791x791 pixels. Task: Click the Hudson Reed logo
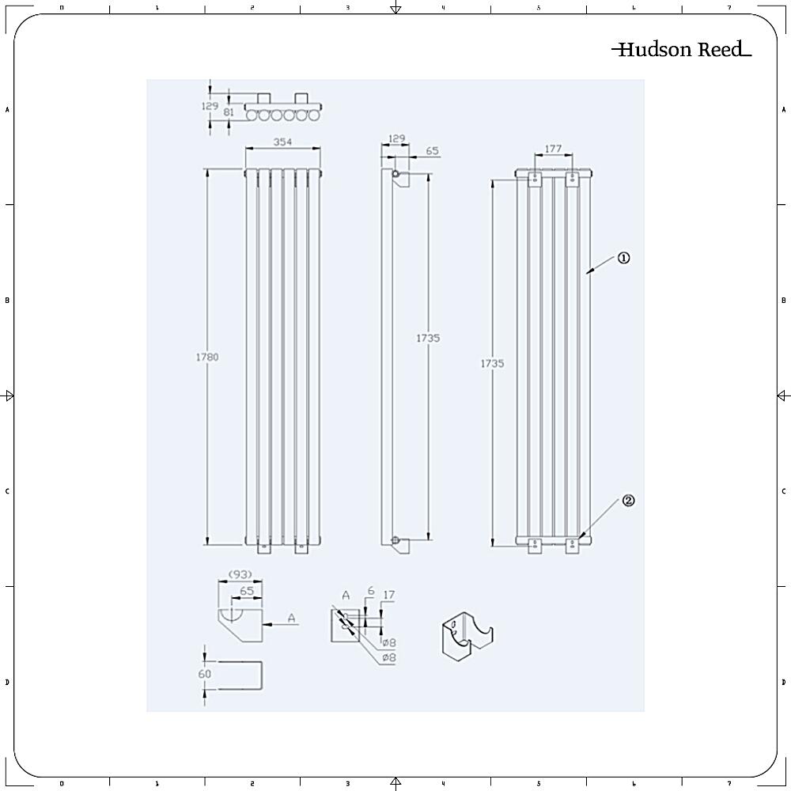coord(681,50)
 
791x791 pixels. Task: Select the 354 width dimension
coord(282,142)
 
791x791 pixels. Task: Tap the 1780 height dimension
coord(206,357)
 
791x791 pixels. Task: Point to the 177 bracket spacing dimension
coord(553,148)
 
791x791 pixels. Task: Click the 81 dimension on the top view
coord(229,112)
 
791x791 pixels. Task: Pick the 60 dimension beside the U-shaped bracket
coord(205,674)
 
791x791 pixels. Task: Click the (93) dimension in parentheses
coord(240,573)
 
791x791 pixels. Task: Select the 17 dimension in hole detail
coord(388,595)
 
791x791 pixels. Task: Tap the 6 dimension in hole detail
coord(369,591)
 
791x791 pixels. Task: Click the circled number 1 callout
coord(623,258)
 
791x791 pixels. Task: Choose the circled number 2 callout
coord(628,500)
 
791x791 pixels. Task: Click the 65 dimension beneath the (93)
coord(247,590)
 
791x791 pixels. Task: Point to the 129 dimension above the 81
coord(209,105)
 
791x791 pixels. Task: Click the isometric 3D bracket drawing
coord(465,637)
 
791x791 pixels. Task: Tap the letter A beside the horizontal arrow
coord(293,618)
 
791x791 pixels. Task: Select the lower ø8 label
coord(388,657)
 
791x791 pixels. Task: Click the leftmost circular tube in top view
coord(252,115)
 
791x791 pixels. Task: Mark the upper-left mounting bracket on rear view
coord(536,179)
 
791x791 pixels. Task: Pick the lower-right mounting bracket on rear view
coord(572,544)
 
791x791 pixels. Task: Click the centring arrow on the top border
coord(395,9)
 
